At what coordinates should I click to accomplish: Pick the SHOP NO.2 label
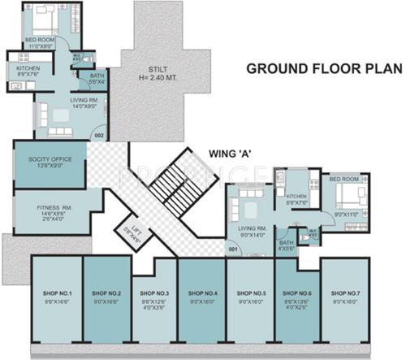106,293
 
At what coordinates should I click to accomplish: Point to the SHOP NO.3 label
153,293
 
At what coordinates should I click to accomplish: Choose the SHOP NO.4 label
201,293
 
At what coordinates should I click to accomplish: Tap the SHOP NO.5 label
248,293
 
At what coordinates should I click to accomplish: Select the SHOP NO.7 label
343,293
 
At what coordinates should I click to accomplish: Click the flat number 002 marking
99,134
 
